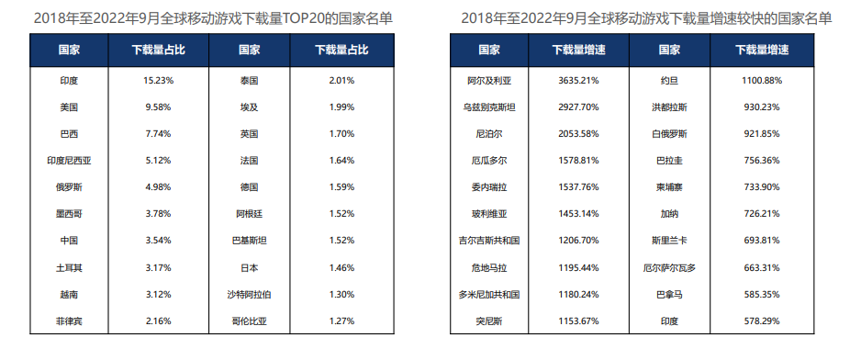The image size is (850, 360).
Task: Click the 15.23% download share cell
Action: pos(158,81)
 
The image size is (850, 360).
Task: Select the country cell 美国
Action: pos(69,107)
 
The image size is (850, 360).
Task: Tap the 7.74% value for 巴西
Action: pos(158,134)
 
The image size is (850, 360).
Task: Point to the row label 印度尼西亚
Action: pos(69,161)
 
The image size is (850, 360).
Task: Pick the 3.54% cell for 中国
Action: pos(158,242)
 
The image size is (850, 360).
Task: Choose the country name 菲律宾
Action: pos(69,321)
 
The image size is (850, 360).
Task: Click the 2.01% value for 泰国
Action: pos(341,81)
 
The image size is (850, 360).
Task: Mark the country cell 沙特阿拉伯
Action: pos(249,295)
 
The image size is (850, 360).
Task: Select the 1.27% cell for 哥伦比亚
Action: pos(341,321)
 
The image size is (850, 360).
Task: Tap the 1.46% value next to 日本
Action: pos(341,268)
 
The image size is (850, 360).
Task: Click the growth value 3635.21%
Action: pos(578,81)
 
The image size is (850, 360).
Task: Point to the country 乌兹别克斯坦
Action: pos(489,107)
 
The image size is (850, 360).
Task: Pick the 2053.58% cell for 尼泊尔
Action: pos(578,134)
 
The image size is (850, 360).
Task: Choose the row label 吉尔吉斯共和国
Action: pos(489,241)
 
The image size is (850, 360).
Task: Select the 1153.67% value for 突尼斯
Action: pos(578,321)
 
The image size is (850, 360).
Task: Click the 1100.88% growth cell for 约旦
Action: pos(761,81)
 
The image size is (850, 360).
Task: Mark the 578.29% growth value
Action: pos(761,321)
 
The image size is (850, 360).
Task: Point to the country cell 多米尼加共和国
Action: pos(489,295)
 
